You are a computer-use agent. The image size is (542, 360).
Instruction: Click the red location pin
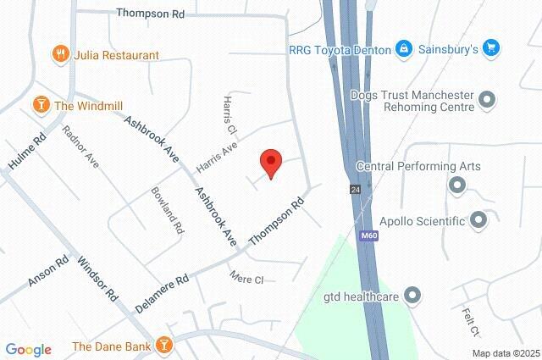coord(270,162)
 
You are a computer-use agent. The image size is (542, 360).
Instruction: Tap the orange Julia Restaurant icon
coord(60,55)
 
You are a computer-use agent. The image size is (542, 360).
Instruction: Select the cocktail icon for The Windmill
coord(40,105)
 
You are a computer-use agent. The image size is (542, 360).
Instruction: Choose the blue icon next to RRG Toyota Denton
coord(404,49)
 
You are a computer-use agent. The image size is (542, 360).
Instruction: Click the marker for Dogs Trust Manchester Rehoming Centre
coord(487,101)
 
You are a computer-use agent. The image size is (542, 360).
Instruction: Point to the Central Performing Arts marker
coord(458,184)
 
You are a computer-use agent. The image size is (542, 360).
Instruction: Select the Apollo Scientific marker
coord(478,221)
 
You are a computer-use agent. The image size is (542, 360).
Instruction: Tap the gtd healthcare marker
coord(412,296)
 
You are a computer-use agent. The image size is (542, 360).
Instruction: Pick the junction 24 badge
coord(353,190)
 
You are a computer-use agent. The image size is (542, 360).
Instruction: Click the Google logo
coord(28,350)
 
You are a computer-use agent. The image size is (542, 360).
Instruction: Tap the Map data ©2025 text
coord(506,353)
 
